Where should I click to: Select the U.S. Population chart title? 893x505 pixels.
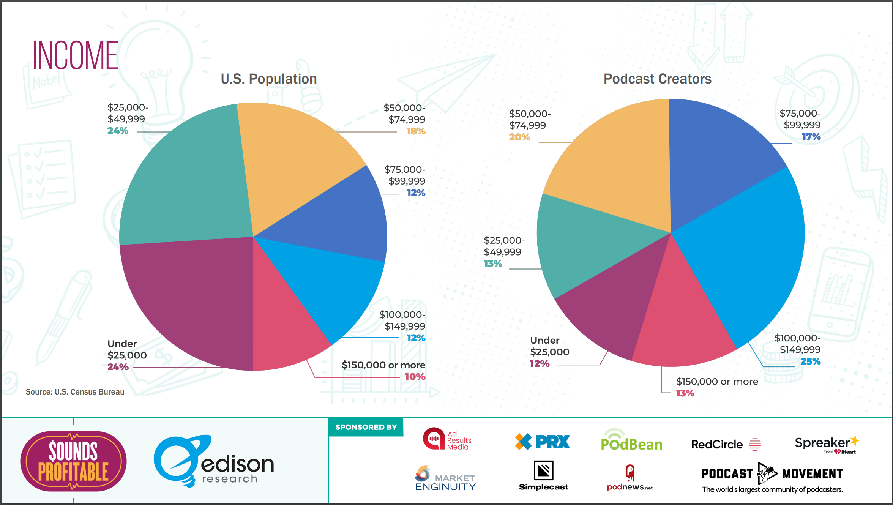point(268,79)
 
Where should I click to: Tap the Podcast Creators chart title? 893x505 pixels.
point(657,79)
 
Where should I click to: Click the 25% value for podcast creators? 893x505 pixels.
point(810,361)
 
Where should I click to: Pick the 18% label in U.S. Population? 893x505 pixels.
point(415,131)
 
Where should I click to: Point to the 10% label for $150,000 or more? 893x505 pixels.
point(415,377)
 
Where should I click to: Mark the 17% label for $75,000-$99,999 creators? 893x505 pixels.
point(811,137)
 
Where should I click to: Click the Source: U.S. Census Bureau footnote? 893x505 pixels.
point(75,392)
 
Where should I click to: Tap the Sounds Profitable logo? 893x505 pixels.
point(73,461)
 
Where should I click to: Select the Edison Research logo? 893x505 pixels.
point(213,461)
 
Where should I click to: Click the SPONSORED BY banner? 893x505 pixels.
point(366,427)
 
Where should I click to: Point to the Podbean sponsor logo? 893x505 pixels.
point(631,441)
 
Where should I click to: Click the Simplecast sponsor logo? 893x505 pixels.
point(543,476)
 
